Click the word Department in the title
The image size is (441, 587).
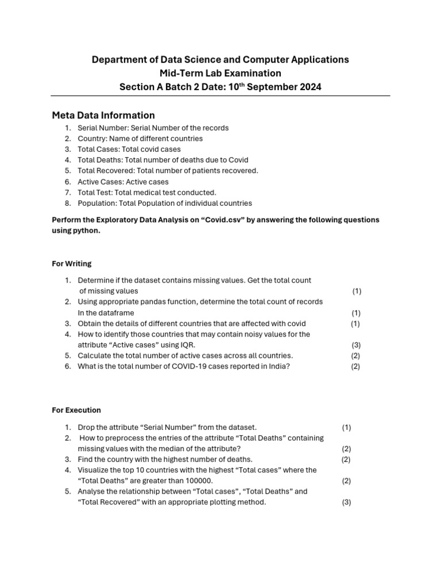point(118,60)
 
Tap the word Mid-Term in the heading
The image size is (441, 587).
point(178,73)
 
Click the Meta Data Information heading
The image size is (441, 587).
point(103,115)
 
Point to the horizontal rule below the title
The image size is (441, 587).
point(220,96)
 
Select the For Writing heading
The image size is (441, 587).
point(72,264)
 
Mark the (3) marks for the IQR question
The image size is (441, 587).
point(356,345)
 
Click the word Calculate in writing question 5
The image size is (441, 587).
point(94,356)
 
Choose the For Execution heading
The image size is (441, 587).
point(76,410)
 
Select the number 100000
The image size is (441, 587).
point(196,481)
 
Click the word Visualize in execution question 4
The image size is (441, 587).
point(94,470)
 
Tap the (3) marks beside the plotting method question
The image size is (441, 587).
point(346,503)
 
